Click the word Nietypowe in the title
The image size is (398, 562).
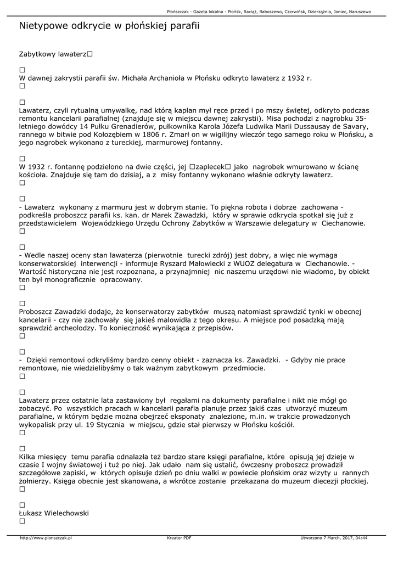pos(45,26)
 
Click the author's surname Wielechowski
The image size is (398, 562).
pos(64,513)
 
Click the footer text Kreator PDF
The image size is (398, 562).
pos(179,538)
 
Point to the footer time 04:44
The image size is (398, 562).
pos(361,538)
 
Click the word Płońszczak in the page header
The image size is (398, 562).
pos(181,12)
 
